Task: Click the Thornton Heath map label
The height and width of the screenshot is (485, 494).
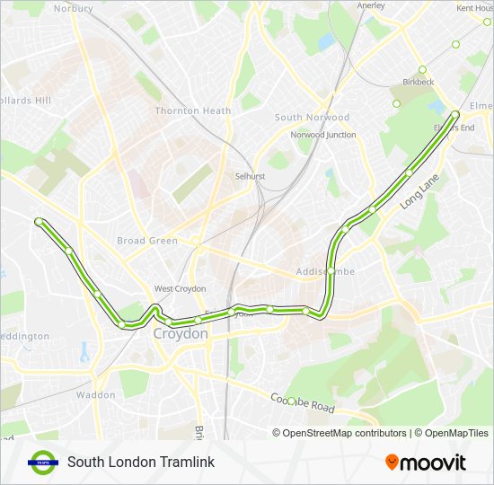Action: click(x=193, y=110)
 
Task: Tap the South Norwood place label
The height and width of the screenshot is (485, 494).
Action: click(x=312, y=118)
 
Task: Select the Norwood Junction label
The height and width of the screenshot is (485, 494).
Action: click(x=322, y=135)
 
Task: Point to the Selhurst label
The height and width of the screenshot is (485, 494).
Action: click(x=250, y=176)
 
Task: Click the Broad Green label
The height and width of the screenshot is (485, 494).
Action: click(x=146, y=241)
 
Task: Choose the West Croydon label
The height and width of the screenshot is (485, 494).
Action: click(x=180, y=289)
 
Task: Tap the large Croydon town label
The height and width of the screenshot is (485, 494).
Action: click(x=181, y=333)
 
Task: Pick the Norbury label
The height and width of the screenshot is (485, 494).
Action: click(x=73, y=8)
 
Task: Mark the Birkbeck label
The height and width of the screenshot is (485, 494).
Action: click(x=419, y=82)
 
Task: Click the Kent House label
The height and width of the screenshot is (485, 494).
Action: click(x=475, y=8)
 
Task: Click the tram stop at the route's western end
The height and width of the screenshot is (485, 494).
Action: click(x=39, y=221)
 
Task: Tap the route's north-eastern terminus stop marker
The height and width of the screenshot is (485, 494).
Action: click(x=455, y=114)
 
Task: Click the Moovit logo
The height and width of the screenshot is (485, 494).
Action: click(x=426, y=463)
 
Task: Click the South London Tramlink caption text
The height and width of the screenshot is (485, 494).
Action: click(x=140, y=463)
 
